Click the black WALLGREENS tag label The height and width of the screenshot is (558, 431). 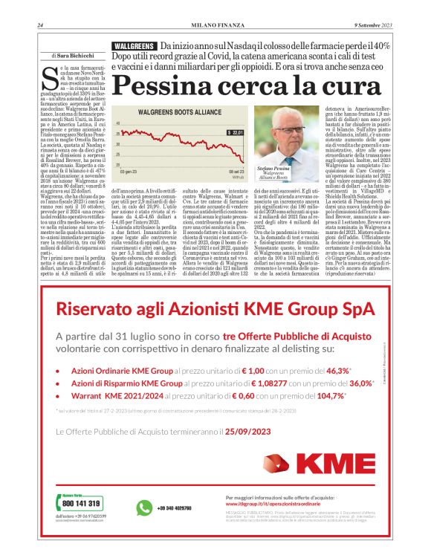point(133,46)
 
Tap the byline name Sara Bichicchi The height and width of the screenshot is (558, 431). point(73,56)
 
